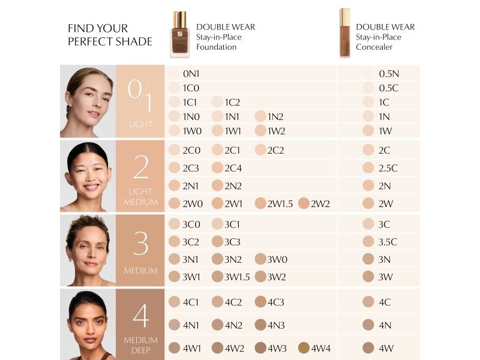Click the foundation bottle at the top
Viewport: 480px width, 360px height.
pyautogui.click(x=179, y=34)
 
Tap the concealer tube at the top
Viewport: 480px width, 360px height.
pyautogui.click(x=344, y=33)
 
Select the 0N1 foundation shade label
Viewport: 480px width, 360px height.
pyautogui.click(x=191, y=74)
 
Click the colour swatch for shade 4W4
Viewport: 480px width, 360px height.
pyautogui.click(x=304, y=348)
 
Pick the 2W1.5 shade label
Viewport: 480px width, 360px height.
pyautogui.click(x=280, y=203)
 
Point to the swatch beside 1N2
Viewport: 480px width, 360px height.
pyautogui.click(x=260, y=116)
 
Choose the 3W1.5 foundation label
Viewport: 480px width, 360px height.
pyautogui.click(x=237, y=277)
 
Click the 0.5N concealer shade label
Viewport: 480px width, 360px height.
pyautogui.click(x=389, y=74)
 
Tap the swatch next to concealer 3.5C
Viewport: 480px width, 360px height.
pyautogui.click(x=368, y=242)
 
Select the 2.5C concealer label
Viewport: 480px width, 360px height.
pyautogui.click(x=388, y=168)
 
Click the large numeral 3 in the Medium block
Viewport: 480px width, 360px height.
pyautogui.click(x=141, y=244)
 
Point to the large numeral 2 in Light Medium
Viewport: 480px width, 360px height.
pyautogui.click(x=141, y=167)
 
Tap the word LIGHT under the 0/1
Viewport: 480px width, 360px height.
pyautogui.click(x=140, y=124)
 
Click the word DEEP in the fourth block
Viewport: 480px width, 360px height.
pyautogui.click(x=141, y=350)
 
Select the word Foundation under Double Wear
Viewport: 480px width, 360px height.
pyautogui.click(x=216, y=47)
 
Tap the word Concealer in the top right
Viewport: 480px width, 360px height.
pyautogui.click(x=374, y=47)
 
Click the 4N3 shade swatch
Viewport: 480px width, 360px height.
pyautogui.click(x=260, y=325)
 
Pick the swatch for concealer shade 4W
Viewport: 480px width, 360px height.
pyautogui.click(x=368, y=348)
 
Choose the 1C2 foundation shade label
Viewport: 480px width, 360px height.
pyautogui.click(x=232, y=102)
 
